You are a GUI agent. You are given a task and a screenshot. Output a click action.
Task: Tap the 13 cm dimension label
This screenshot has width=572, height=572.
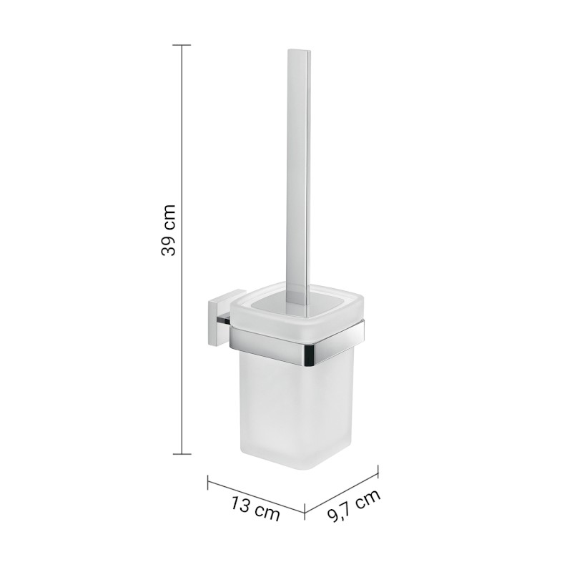(x=255, y=508)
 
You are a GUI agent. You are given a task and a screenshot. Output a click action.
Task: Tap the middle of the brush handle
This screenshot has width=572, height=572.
(x=297, y=172)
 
